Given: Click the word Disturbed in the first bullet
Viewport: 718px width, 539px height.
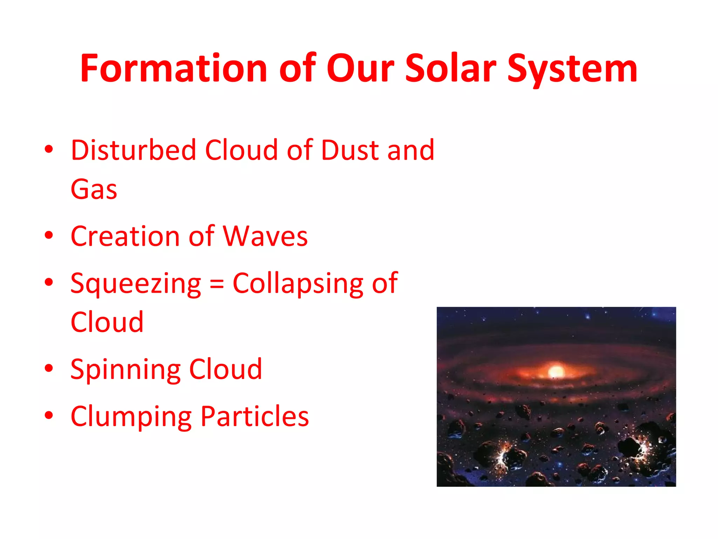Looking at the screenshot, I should pyautogui.click(x=133, y=150).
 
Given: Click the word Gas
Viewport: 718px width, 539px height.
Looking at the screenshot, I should pyautogui.click(x=94, y=189).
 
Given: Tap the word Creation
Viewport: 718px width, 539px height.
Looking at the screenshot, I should pyautogui.click(x=126, y=236).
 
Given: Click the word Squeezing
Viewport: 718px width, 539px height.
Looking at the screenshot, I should pyautogui.click(x=136, y=284).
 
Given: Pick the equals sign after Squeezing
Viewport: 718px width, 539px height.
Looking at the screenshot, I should pyautogui.click(x=217, y=284).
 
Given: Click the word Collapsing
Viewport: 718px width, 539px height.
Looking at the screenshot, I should pyautogui.click(x=298, y=284).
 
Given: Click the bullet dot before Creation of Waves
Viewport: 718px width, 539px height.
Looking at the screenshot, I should pyautogui.click(x=49, y=235).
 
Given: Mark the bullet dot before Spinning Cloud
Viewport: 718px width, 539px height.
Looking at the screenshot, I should pyautogui.click(x=49, y=368).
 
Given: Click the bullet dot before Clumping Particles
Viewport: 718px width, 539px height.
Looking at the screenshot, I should pyautogui.click(x=49, y=415).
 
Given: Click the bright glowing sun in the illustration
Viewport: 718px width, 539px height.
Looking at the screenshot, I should pyautogui.click(x=556, y=371).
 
